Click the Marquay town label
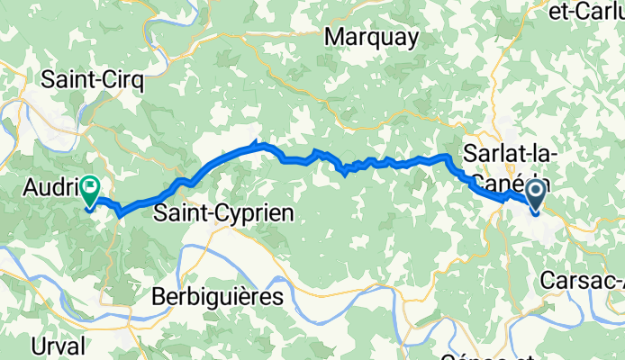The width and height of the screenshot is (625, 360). point(372,37)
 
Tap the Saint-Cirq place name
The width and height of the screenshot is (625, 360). point(93,80)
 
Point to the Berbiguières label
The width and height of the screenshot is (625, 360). point(217,295)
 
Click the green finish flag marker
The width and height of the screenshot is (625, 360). point(91,189)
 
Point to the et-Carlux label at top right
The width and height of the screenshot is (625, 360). point(586,11)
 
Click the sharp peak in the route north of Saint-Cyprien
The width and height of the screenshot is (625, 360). point(258,141)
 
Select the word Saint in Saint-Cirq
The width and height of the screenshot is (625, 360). point(72,80)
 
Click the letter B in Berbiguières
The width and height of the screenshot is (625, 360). point(159,295)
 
